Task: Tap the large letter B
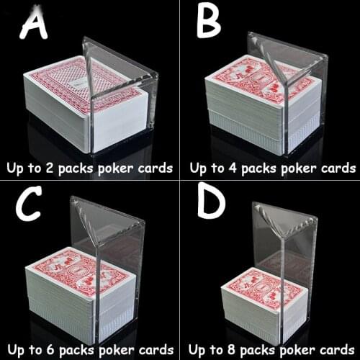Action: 210,22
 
